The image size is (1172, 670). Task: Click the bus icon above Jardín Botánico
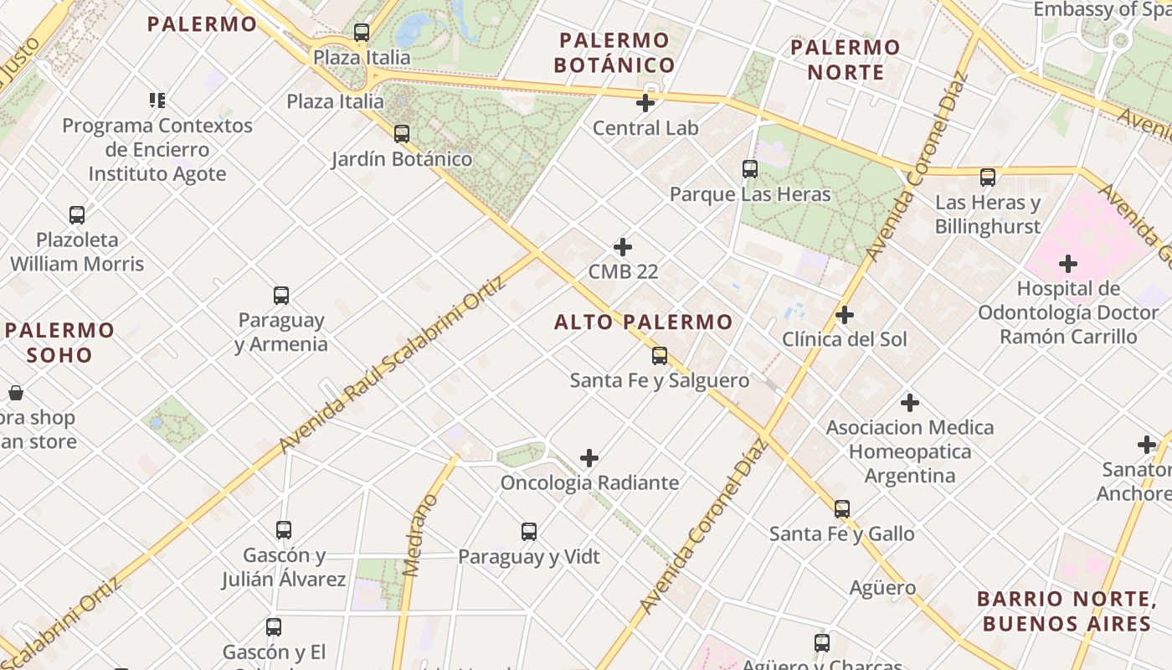(x=402, y=133)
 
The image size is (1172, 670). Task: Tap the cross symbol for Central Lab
(x=645, y=103)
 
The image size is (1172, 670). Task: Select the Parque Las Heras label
(x=750, y=194)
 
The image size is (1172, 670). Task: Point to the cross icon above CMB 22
(x=623, y=247)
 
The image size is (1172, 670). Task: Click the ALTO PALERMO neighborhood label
(x=643, y=322)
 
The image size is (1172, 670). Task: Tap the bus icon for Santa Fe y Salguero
(x=660, y=356)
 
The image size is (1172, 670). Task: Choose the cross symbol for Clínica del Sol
(x=845, y=315)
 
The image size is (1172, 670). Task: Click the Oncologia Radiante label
(x=589, y=482)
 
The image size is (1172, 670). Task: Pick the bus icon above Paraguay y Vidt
(x=529, y=532)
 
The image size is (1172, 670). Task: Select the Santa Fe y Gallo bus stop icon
(x=842, y=508)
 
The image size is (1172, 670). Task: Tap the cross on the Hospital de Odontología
(x=1068, y=264)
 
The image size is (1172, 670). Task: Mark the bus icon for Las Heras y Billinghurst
(x=988, y=178)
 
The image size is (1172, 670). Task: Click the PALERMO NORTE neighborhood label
(x=846, y=59)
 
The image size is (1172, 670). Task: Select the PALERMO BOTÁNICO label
(x=615, y=53)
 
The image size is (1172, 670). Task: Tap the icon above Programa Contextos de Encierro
(x=157, y=100)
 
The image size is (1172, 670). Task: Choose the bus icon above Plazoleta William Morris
(x=77, y=215)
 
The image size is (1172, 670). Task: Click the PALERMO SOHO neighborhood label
(x=59, y=342)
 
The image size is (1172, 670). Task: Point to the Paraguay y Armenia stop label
(x=280, y=332)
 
